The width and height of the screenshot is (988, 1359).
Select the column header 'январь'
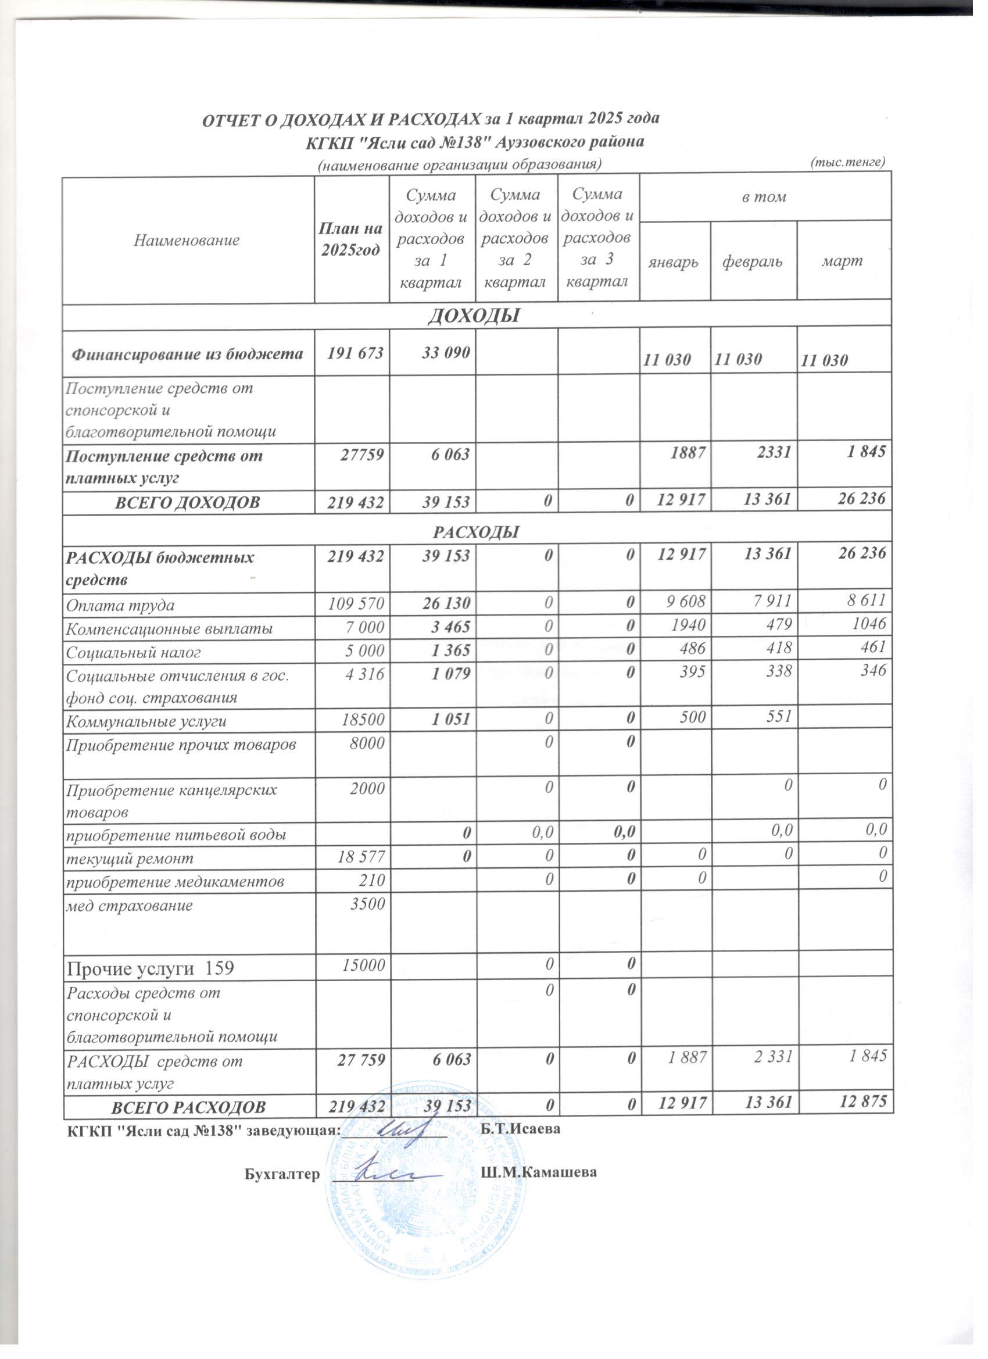coord(675,262)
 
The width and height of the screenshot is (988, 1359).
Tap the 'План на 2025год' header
coord(351,239)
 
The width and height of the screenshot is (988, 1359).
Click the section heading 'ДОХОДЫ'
coord(473,315)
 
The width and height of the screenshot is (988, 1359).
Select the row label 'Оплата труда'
coord(120,605)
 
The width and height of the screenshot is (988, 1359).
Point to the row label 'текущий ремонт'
coord(130,858)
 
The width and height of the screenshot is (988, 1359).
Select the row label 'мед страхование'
coord(129,905)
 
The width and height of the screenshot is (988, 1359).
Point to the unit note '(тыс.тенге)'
coord(847,162)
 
